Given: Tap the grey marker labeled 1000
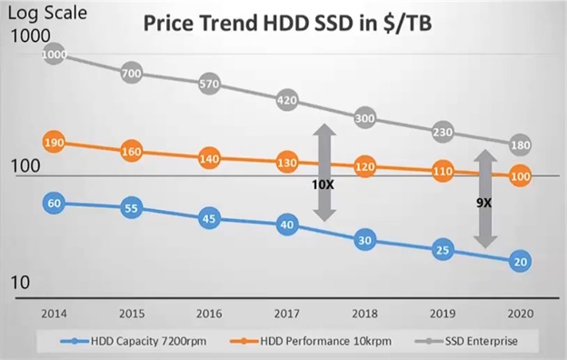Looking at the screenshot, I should (x=54, y=55).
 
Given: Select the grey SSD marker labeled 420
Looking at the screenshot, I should (x=287, y=100).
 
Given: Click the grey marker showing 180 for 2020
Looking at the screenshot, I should (x=520, y=145).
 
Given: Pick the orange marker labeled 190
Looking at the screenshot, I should (x=54, y=142).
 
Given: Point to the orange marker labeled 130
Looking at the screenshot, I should (x=287, y=163).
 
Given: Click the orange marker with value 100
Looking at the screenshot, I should (x=520, y=177).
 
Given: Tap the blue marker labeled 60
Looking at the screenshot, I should (x=54, y=203).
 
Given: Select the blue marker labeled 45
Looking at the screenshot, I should (x=209, y=218).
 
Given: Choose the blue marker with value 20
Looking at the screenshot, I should (x=520, y=261).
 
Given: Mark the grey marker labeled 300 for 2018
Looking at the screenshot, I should (x=364, y=118).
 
